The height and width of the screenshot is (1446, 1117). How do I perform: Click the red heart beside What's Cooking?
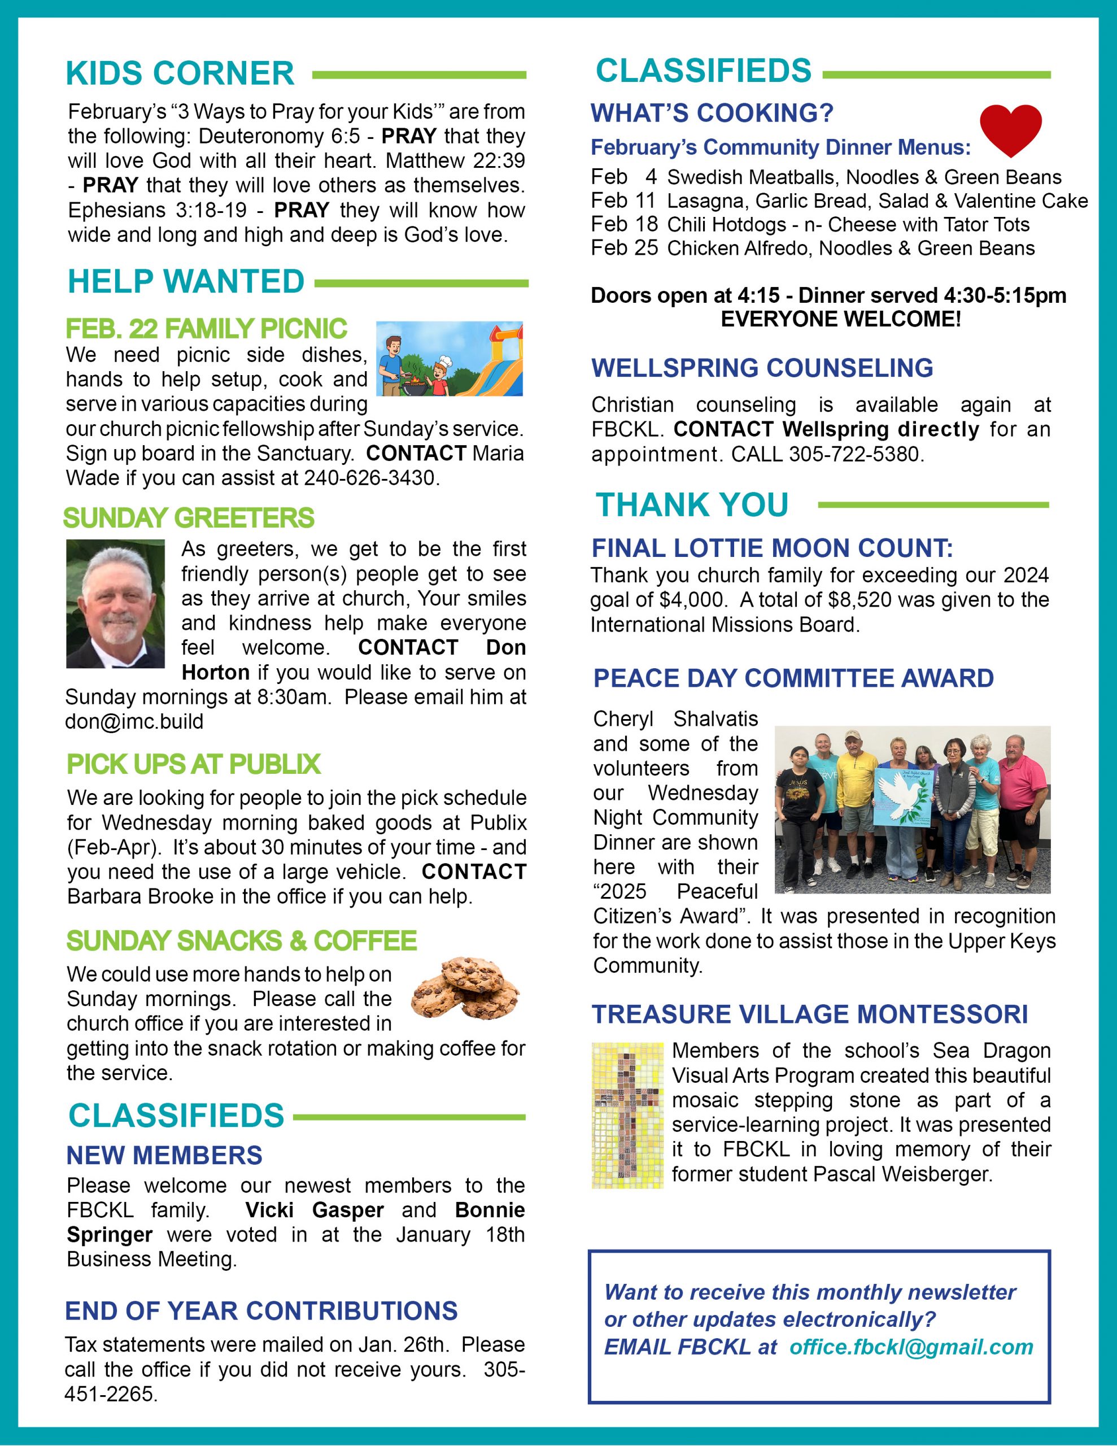coord(1010,130)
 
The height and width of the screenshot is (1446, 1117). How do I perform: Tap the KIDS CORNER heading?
coord(180,73)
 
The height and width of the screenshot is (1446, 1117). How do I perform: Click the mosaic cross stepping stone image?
coord(627,1116)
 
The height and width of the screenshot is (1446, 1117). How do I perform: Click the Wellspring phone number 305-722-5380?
coord(856,454)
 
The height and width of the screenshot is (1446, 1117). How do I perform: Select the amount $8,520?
coord(856,600)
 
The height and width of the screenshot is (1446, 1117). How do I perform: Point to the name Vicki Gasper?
coord(314,1210)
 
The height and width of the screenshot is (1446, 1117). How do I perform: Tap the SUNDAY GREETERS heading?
coord(189,518)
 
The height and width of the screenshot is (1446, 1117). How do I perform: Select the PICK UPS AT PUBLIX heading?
coord(193,764)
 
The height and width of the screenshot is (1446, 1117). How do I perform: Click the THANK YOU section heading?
coord(692,504)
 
